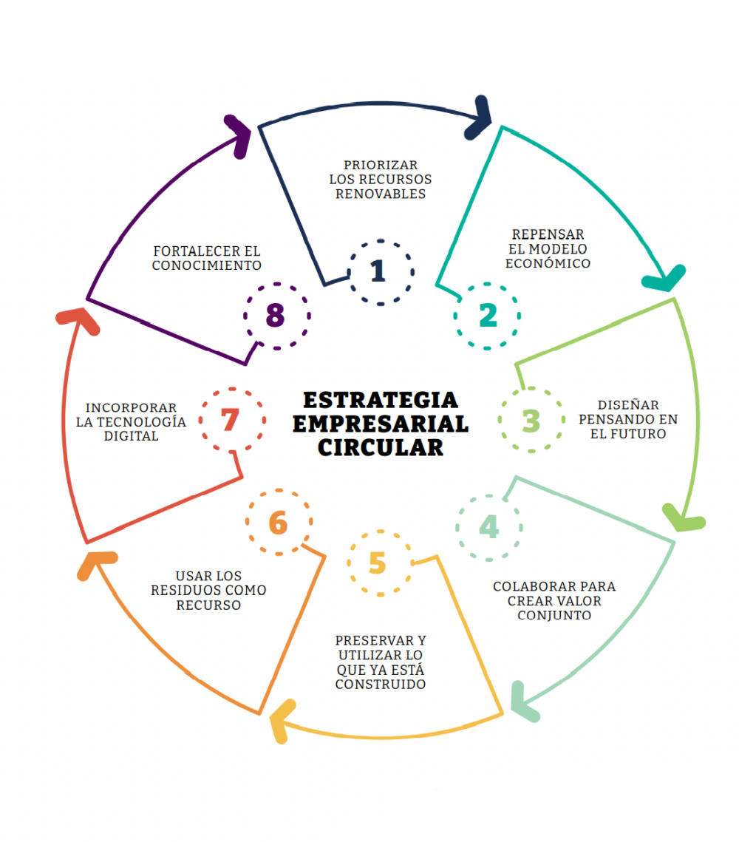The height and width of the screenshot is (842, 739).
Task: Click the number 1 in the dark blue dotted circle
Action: [378, 271]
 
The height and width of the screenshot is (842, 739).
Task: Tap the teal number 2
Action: [488, 316]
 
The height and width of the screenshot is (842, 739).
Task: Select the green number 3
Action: [531, 421]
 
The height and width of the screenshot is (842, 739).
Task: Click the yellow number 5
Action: [377, 564]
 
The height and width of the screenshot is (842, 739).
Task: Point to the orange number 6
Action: [278, 523]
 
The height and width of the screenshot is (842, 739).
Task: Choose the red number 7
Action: [231, 421]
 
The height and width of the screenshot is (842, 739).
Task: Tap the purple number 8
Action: [275, 316]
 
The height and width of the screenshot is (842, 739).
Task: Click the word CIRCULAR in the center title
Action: [381, 447]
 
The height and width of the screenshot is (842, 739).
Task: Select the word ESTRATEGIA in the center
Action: [381, 400]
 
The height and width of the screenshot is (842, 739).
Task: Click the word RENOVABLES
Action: [381, 194]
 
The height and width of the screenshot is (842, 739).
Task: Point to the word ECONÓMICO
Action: [549, 264]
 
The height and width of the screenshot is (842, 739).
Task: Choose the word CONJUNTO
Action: [554, 615]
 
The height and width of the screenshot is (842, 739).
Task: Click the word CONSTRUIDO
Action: [381, 685]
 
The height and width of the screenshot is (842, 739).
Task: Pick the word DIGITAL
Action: [132, 436]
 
